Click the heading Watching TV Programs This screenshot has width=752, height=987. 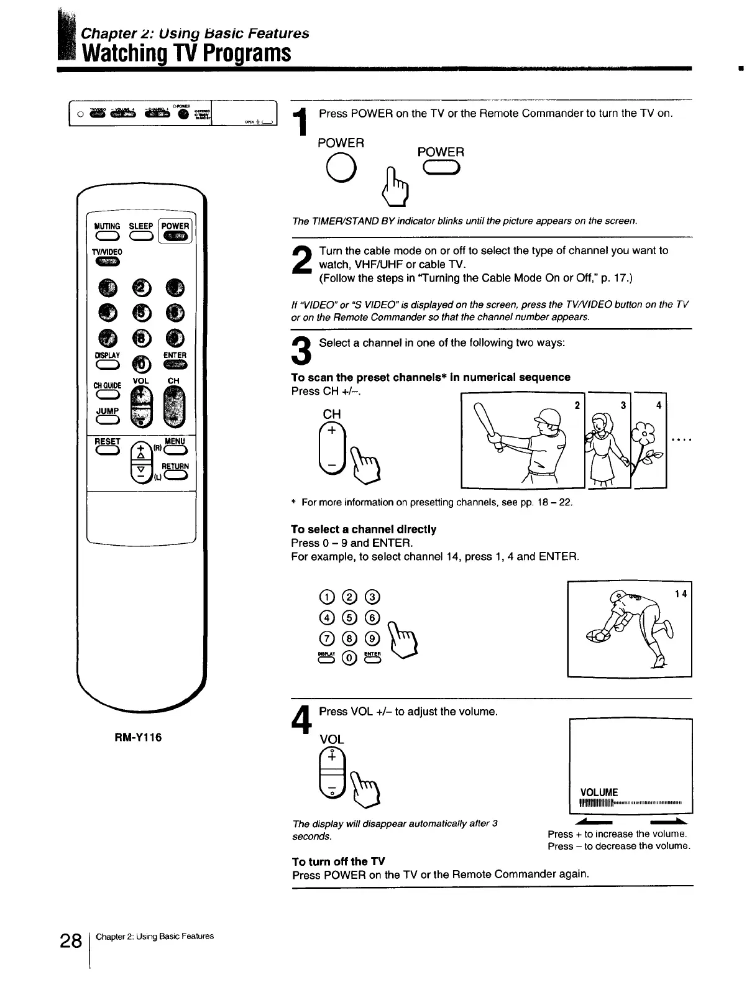(187, 53)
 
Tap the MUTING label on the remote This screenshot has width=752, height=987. (108, 226)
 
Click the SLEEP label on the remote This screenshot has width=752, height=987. (141, 226)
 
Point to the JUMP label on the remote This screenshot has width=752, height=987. (107, 411)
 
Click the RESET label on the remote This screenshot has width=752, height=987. (107, 441)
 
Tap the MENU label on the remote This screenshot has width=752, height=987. (175, 441)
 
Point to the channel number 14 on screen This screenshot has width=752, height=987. (681, 594)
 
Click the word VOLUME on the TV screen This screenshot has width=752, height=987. (598, 792)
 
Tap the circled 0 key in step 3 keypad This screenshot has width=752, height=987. (349, 658)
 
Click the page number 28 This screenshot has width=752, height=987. (71, 941)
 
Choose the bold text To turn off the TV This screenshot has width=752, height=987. (339, 861)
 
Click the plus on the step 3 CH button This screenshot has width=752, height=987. (332, 431)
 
